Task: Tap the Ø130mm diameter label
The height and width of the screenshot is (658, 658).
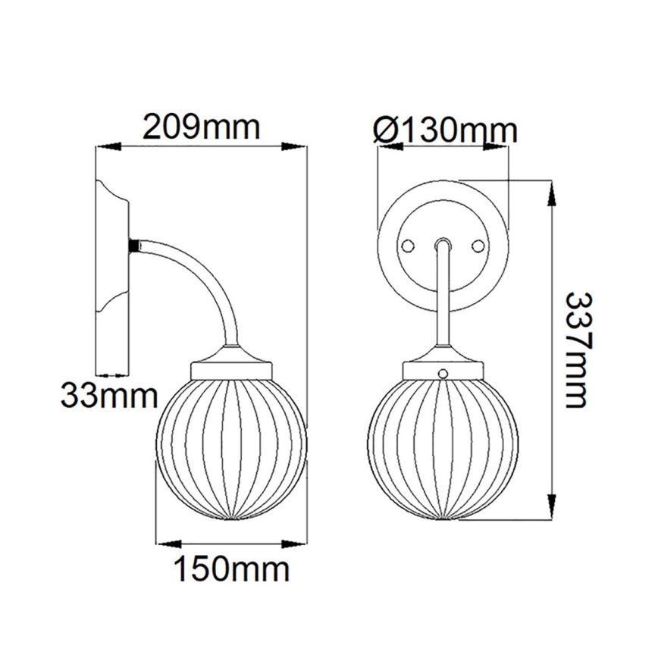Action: (446, 130)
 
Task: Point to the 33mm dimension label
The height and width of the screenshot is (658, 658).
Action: (109, 395)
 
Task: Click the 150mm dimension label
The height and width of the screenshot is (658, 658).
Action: (232, 569)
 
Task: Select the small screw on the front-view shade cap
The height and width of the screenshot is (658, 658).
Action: (444, 373)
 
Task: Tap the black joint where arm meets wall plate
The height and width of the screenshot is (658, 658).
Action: (134, 246)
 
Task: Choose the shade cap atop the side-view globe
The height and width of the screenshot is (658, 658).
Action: (230, 367)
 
